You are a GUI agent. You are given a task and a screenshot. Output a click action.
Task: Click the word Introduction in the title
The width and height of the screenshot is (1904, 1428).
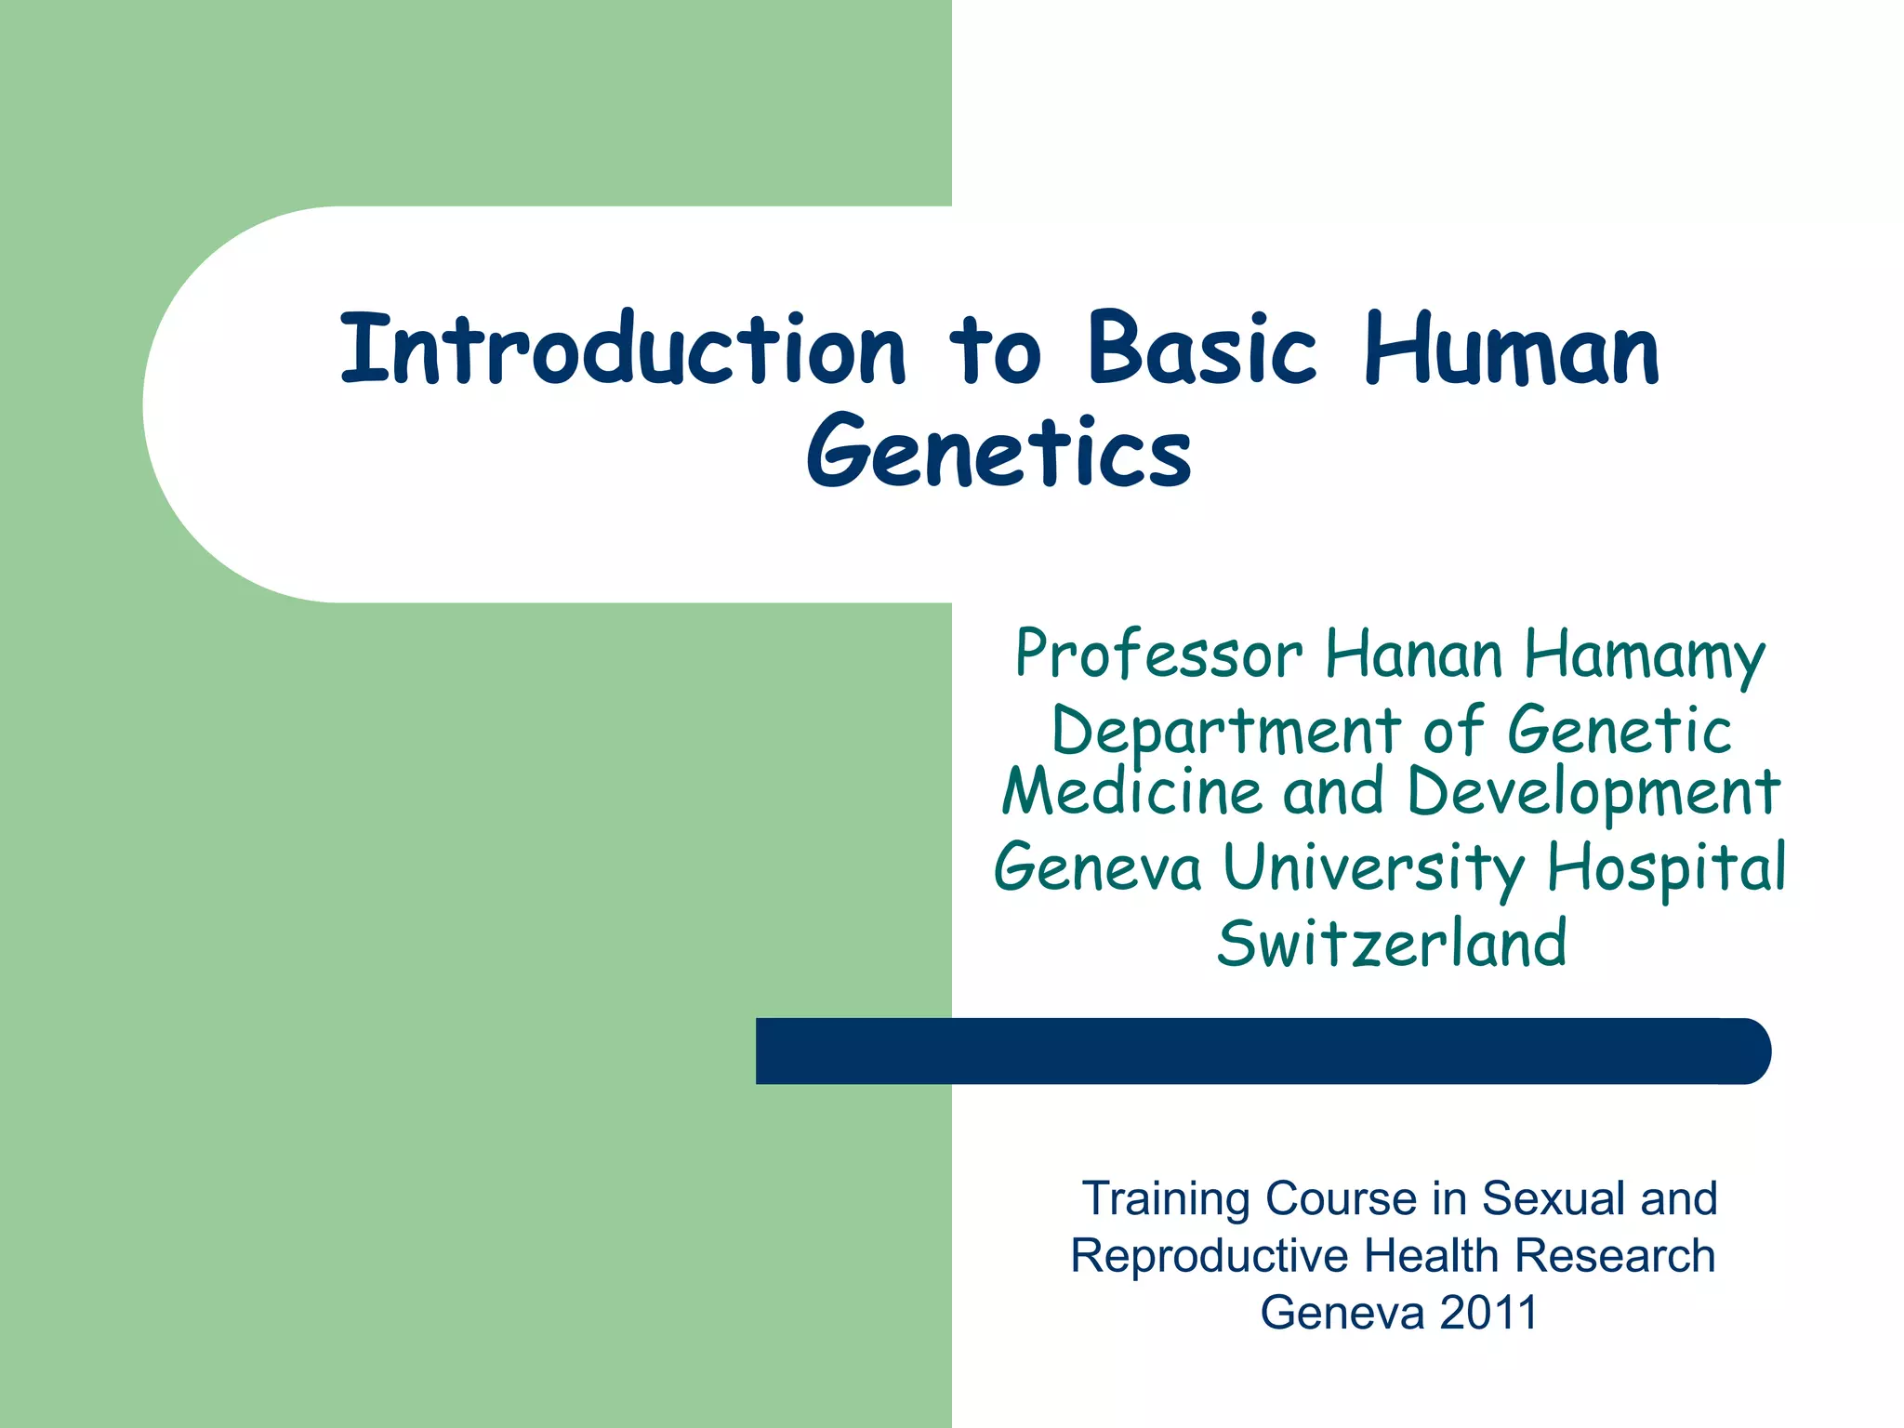pos(622,350)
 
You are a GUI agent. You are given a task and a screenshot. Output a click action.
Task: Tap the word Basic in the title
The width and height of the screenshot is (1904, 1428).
pos(1202,350)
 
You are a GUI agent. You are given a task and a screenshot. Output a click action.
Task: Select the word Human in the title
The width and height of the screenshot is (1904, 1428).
pos(1511,350)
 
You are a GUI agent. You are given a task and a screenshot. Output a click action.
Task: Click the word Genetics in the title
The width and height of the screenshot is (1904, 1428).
pos(998,453)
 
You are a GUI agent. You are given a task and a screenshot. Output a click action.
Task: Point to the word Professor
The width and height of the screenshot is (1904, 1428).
pos(1158,654)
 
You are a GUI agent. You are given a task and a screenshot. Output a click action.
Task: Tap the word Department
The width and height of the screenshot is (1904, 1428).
pos(1225,733)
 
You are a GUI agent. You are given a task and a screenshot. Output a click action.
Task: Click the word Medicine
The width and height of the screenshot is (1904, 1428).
pos(1131,792)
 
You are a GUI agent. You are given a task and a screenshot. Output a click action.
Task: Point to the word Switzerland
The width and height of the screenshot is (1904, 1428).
pos(1392,944)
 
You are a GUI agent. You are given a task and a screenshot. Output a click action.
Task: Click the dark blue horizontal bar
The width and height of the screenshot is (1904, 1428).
pos(1263,1051)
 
